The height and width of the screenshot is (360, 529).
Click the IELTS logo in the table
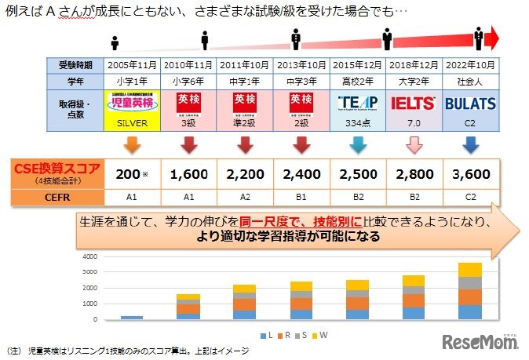click(414, 104)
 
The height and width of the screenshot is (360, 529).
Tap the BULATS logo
click(471, 104)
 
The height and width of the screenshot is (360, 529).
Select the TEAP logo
click(358, 104)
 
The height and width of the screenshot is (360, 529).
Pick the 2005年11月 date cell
click(132, 64)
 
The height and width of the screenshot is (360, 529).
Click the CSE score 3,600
click(471, 171)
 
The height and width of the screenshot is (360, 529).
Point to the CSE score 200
click(130, 171)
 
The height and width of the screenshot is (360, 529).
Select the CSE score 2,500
click(358, 171)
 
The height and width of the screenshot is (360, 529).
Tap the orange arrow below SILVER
click(132, 144)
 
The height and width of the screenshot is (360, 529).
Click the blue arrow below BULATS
click(471, 144)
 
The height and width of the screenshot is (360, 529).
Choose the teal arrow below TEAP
click(358, 144)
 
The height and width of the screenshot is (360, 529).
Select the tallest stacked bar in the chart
click(470, 291)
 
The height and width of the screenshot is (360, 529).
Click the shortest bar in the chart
click(132, 318)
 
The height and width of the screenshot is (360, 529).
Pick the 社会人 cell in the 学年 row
click(471, 81)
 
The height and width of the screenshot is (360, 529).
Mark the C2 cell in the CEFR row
click(471, 198)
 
